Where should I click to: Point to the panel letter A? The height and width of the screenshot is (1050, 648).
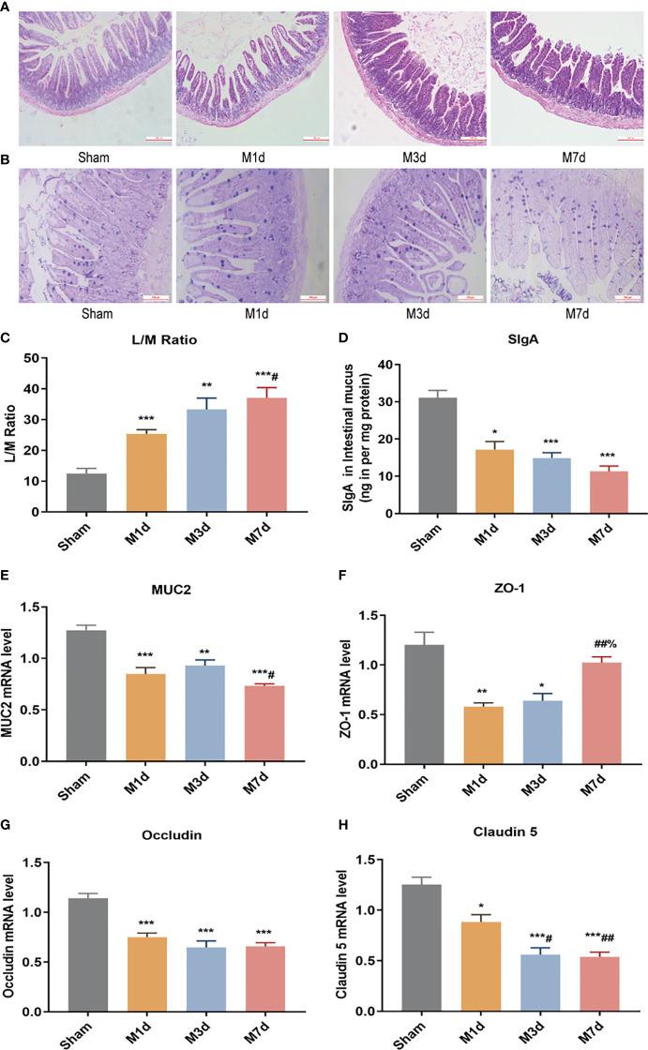coord(7,7)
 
